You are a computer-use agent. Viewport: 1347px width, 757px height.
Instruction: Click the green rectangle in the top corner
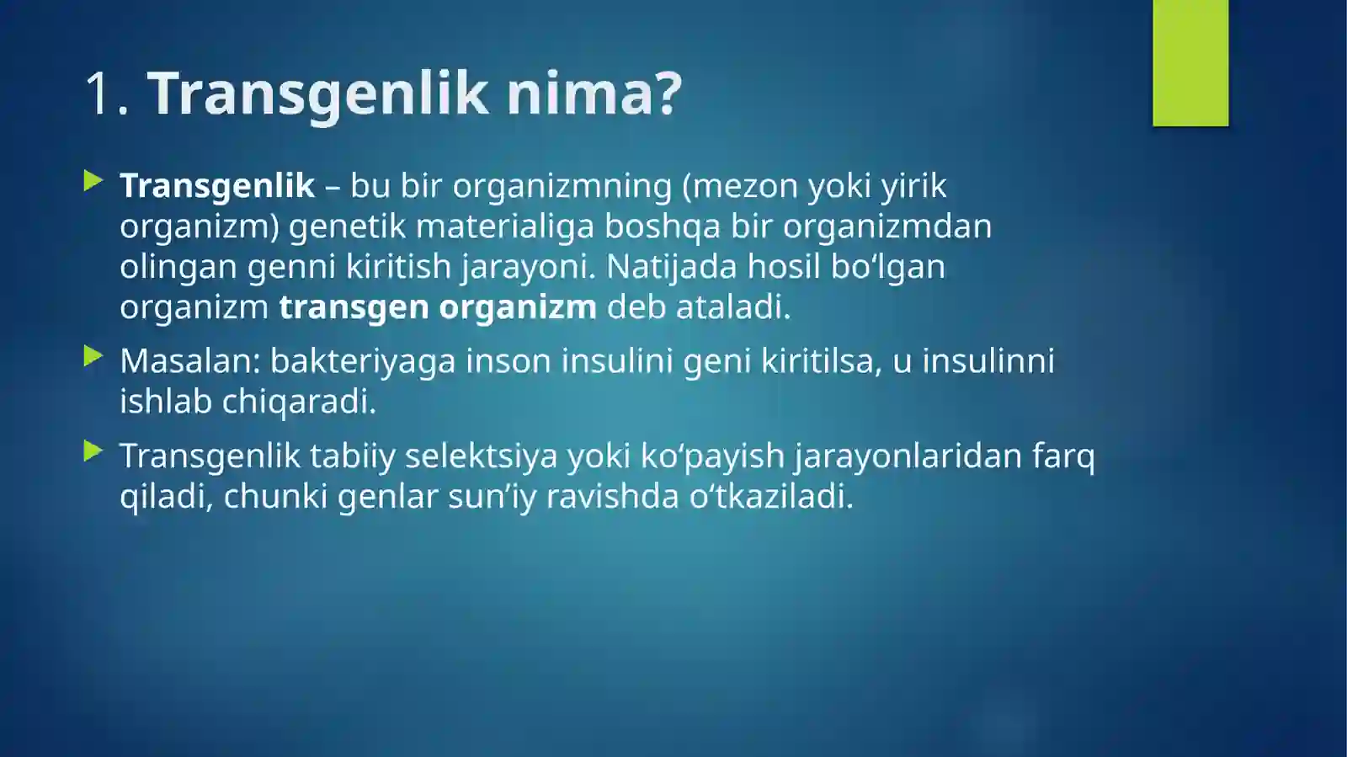click(x=1190, y=63)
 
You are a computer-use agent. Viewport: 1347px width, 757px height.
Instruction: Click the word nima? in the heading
click(x=594, y=93)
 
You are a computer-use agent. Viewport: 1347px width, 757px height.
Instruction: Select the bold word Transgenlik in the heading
click(x=317, y=93)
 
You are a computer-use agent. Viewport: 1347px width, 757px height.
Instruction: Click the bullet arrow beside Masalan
click(x=93, y=357)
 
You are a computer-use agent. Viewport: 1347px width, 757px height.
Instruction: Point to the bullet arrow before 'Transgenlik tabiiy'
click(x=93, y=451)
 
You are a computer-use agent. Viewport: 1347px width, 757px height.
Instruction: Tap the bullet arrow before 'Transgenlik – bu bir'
click(x=93, y=181)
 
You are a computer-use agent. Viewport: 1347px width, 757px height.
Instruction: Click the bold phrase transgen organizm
click(x=438, y=307)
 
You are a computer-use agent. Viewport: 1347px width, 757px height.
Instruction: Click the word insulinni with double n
click(x=988, y=361)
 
